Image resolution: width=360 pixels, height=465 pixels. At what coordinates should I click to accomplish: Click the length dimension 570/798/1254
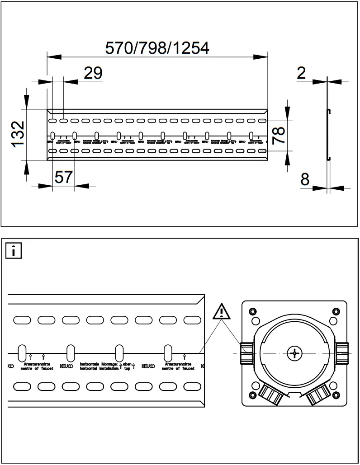157,47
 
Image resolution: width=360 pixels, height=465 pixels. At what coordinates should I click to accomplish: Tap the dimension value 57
63,177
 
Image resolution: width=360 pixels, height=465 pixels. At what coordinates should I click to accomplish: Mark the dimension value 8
305,179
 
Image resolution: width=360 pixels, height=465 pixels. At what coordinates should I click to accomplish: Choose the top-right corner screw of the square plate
336,311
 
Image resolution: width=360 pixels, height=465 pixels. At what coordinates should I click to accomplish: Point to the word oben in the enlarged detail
127,363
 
